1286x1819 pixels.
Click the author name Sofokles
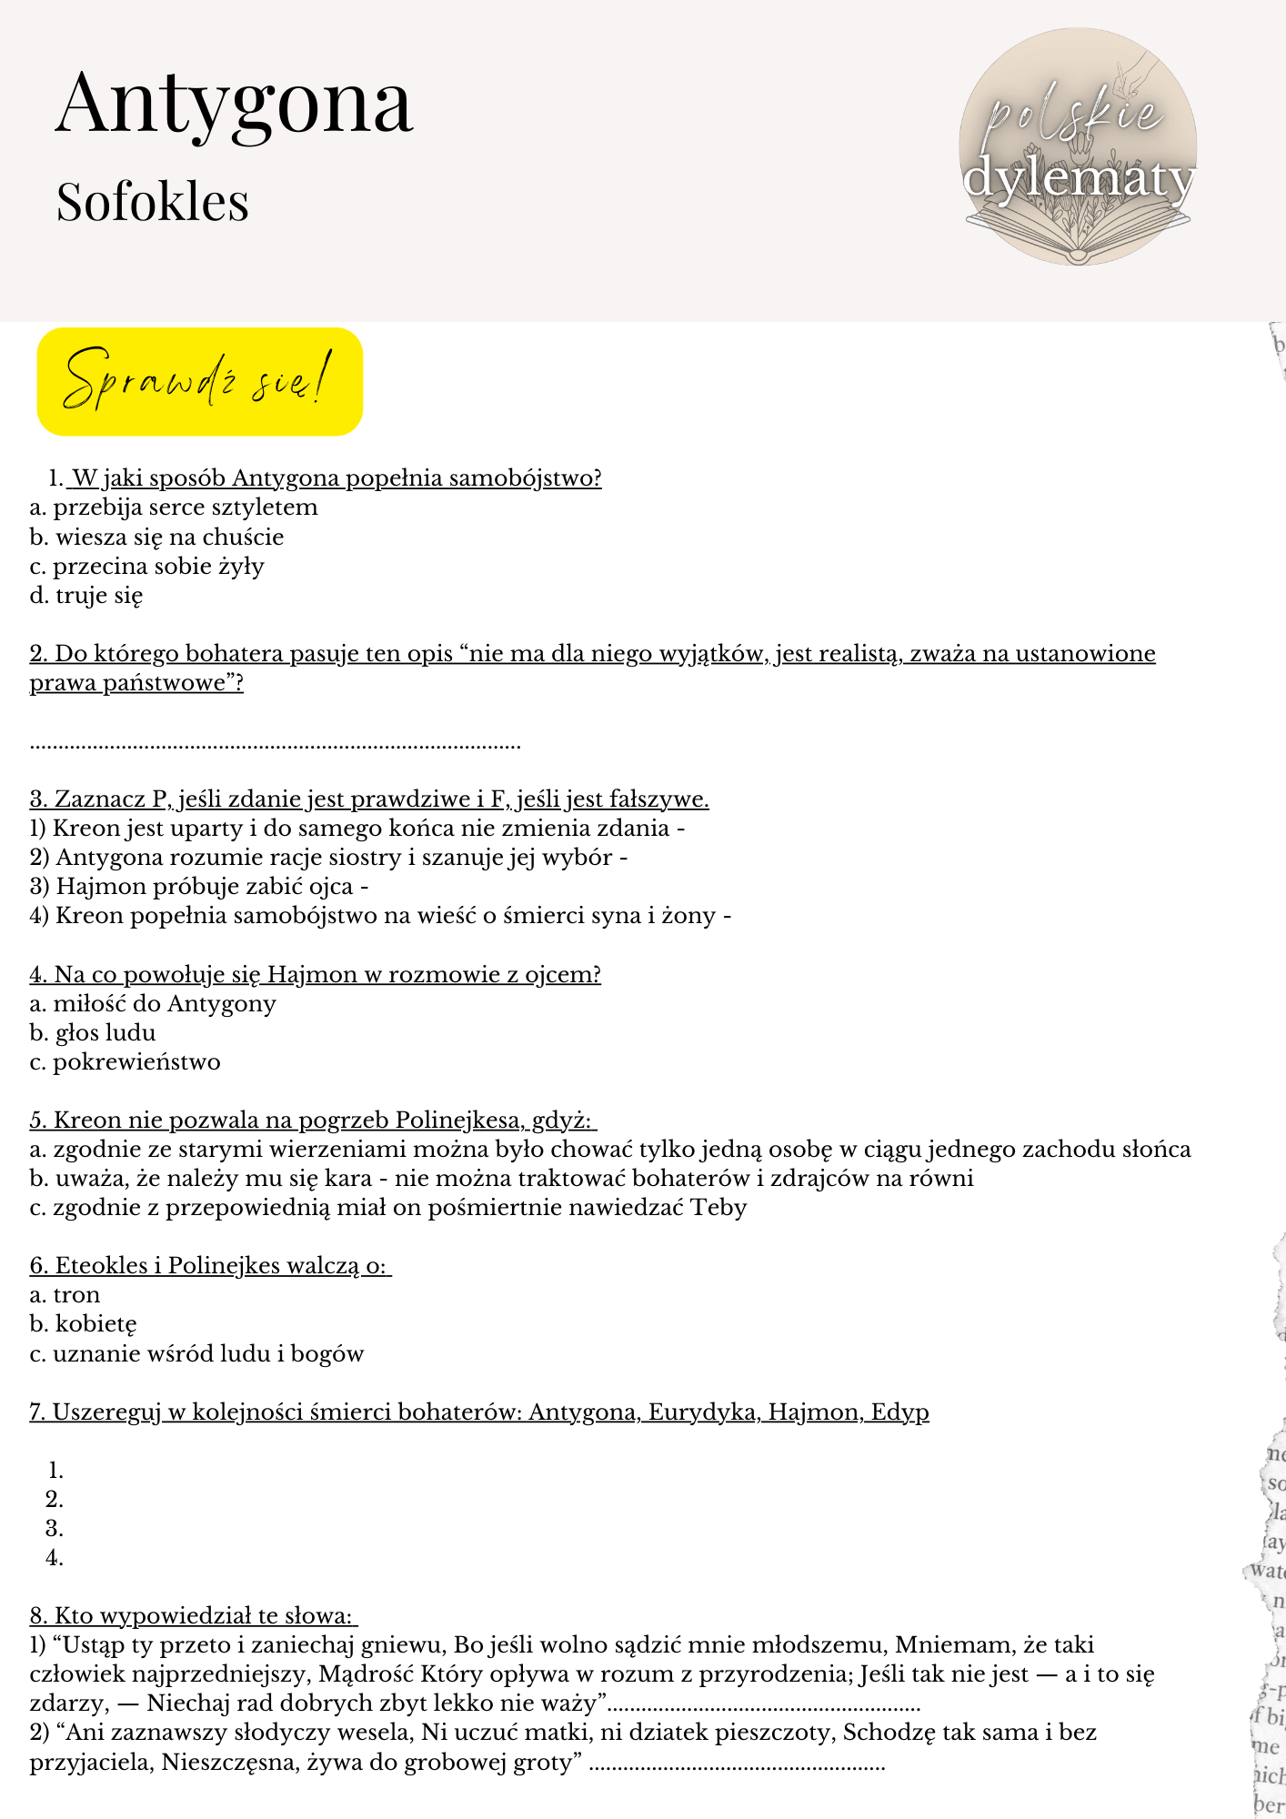[x=152, y=202]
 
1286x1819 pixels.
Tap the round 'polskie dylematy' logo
[x=1078, y=147]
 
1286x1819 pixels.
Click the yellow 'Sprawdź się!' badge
[x=199, y=381]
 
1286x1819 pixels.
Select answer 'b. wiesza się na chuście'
[x=156, y=538]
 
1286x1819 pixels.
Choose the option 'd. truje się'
[x=86, y=596]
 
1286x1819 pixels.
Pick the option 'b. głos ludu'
[x=93, y=1033]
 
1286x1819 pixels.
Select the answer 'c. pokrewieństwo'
[x=125, y=1062]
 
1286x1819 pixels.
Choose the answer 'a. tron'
[x=65, y=1295]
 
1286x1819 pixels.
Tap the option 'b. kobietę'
[x=83, y=1324]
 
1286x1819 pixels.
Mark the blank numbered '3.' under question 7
[x=55, y=1528]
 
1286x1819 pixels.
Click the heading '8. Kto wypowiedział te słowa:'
[x=194, y=1615]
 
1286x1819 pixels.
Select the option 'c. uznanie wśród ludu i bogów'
[x=196, y=1353]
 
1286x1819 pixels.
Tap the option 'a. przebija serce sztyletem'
[x=174, y=508]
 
